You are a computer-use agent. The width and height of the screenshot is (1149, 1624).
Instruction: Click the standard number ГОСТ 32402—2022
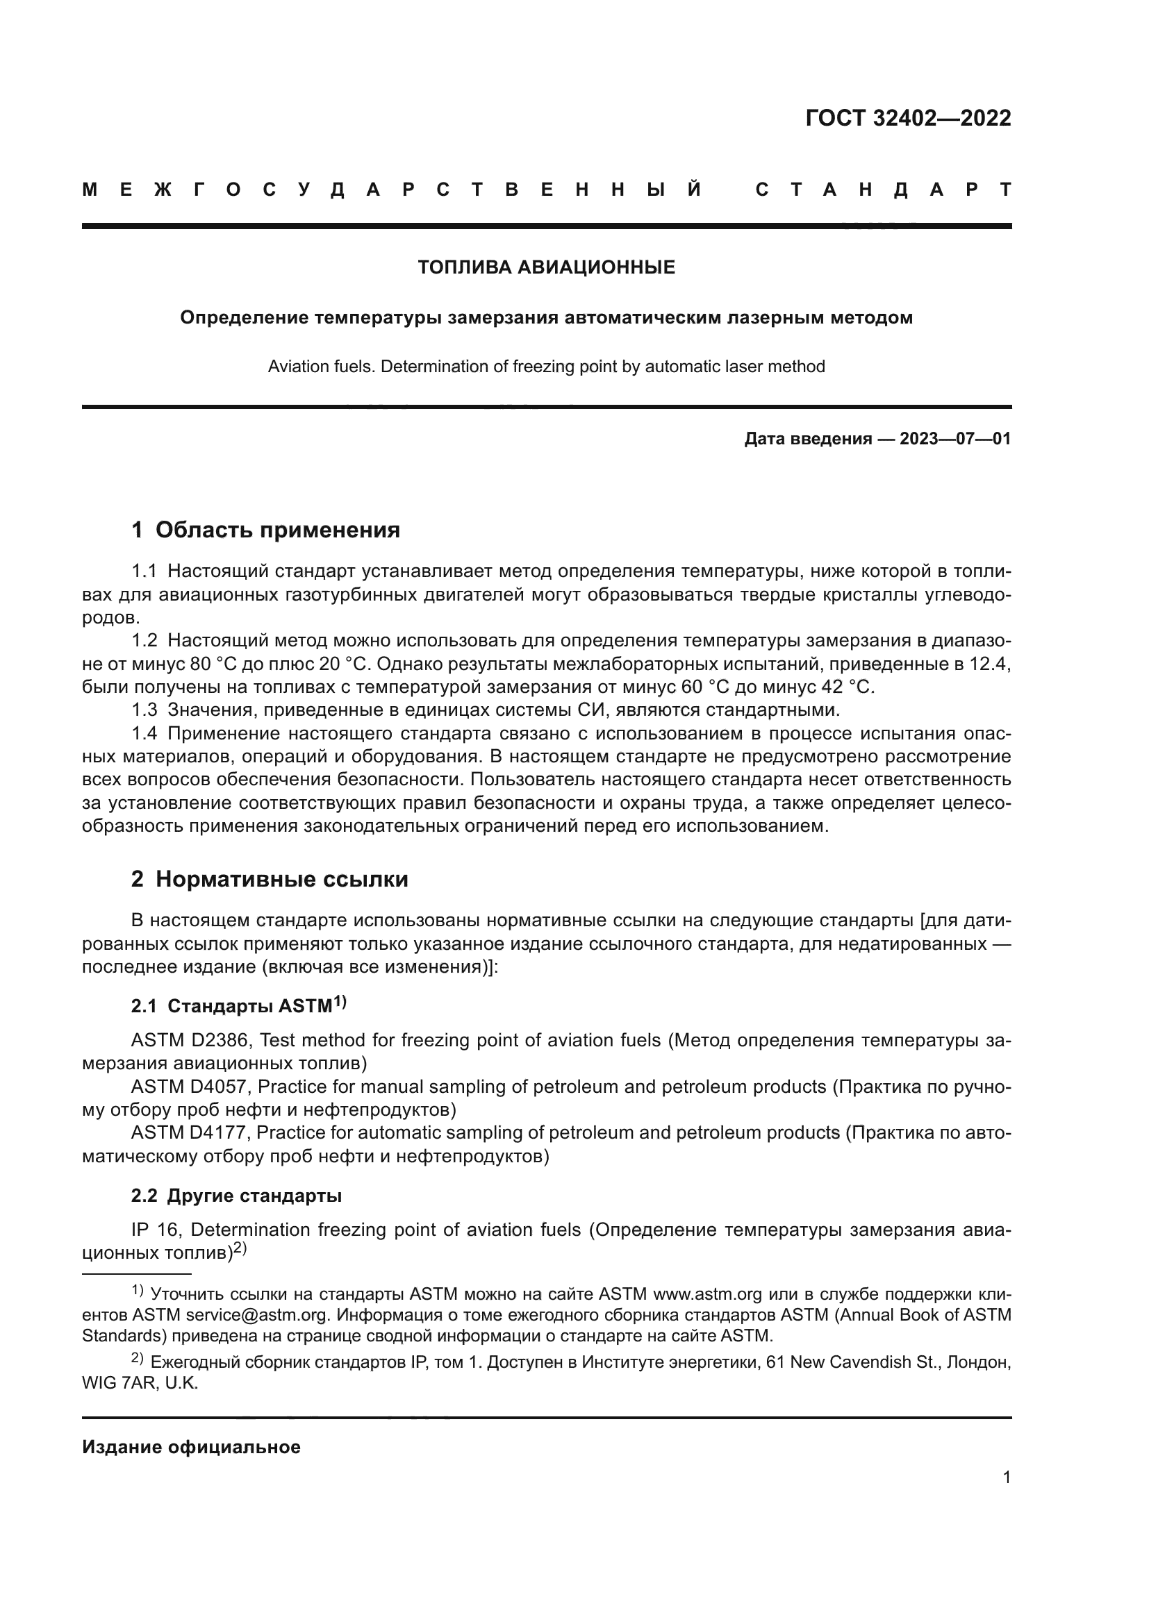(x=908, y=118)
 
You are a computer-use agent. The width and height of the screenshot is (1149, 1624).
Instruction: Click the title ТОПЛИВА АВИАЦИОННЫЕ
(x=546, y=267)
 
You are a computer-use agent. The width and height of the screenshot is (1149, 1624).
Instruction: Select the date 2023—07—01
(x=954, y=440)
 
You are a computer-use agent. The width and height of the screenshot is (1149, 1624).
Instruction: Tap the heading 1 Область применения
(x=265, y=530)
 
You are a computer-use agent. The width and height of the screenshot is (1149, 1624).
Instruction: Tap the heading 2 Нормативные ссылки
(x=270, y=879)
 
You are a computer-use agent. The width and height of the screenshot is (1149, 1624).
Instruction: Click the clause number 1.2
(x=144, y=641)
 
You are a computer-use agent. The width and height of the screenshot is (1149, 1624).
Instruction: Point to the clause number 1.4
(x=144, y=733)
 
